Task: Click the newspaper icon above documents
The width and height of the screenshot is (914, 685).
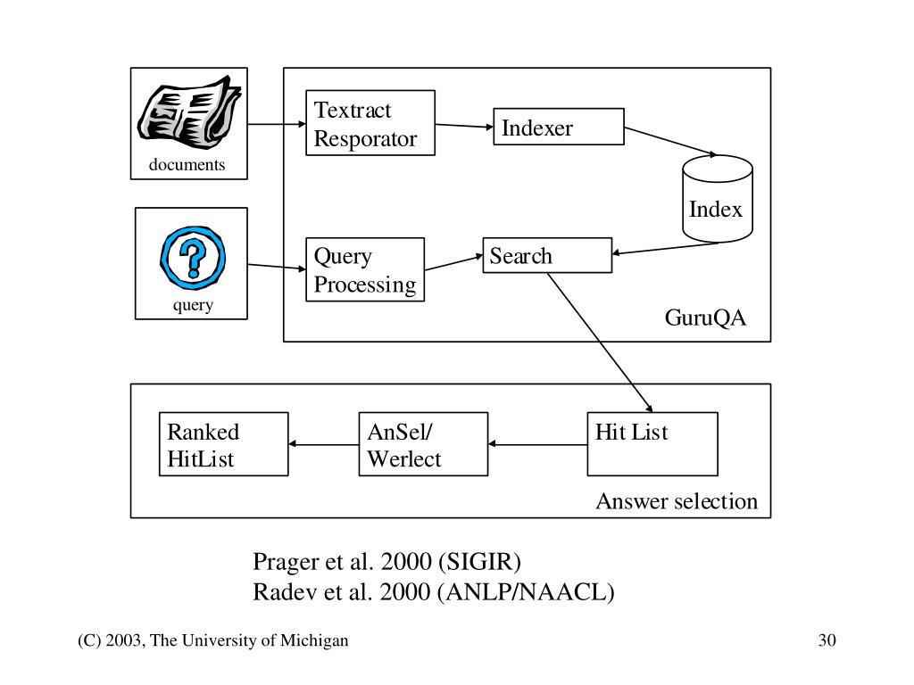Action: click(189, 111)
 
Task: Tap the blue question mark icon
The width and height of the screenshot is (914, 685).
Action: click(193, 258)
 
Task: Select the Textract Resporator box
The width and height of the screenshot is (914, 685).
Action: click(370, 123)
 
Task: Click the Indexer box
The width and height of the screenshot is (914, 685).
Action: click(559, 127)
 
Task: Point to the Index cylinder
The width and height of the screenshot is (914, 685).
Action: click(718, 199)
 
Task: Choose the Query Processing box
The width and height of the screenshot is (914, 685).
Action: click(365, 269)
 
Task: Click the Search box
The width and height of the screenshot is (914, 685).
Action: click(547, 255)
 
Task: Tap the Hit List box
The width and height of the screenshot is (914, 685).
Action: click(652, 444)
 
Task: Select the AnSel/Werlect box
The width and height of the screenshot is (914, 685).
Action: click(423, 444)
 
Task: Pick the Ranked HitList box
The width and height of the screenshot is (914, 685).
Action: click(224, 444)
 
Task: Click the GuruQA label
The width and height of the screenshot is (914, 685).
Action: click(705, 318)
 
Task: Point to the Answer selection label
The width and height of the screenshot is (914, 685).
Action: click(677, 501)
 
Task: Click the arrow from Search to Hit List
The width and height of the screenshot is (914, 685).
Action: click(600, 342)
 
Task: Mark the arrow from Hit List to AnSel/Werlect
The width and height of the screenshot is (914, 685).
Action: click(537, 444)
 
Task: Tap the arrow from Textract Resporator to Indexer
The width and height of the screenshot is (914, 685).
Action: click(464, 125)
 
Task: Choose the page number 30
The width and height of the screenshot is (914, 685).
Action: click(827, 640)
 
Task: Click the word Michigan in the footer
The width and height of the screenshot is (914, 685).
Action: click(314, 640)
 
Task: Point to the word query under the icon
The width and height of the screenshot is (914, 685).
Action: click(193, 306)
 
